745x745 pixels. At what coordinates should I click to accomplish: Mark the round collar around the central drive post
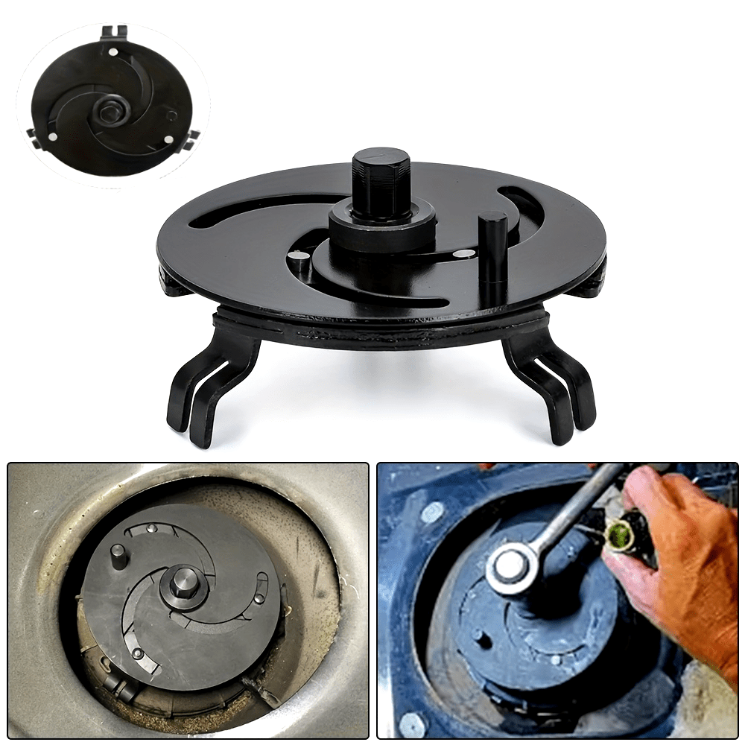pyautogui.click(x=381, y=225)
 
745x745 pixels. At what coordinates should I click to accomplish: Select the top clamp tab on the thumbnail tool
pyautogui.click(x=112, y=31)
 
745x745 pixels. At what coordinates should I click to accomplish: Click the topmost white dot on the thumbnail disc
pyautogui.click(x=112, y=53)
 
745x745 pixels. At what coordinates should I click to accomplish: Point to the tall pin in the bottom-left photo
pyautogui.click(x=118, y=555)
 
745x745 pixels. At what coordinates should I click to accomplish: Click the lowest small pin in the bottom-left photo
pyautogui.click(x=137, y=653)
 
